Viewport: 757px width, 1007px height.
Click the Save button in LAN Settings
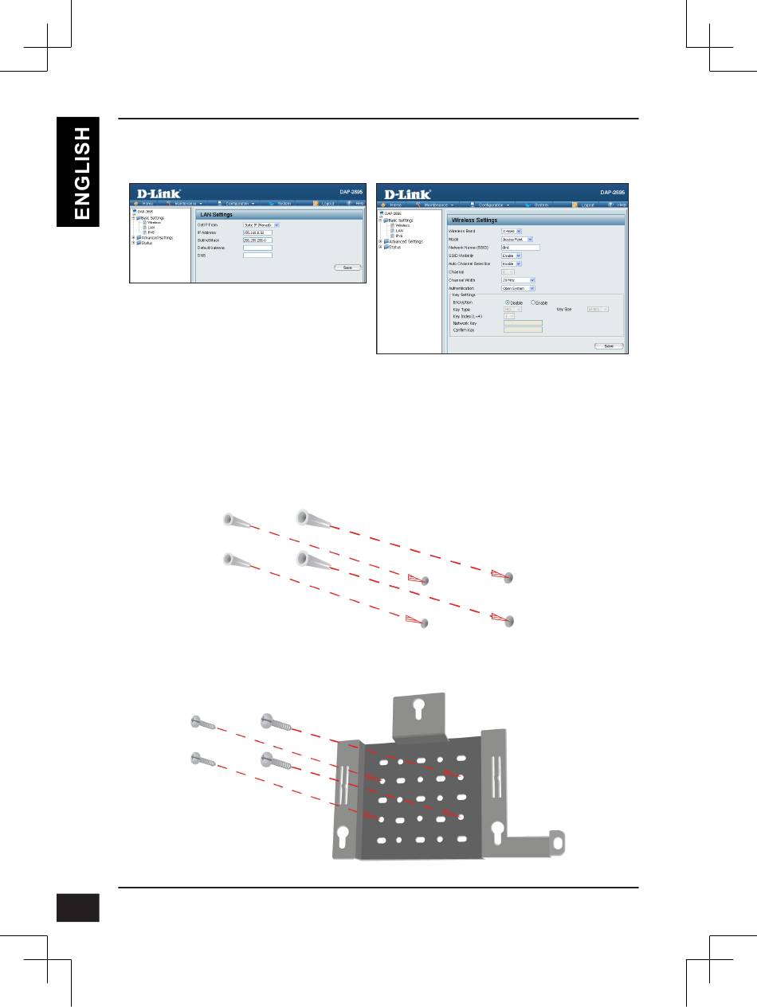pyautogui.click(x=347, y=267)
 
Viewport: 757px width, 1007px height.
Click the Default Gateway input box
pyautogui.click(x=257, y=248)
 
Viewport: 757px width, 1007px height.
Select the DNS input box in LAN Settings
pyautogui.click(x=257, y=256)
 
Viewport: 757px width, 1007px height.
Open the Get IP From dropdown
pyautogui.click(x=261, y=225)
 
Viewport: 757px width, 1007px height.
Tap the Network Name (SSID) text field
pyautogui.click(x=520, y=248)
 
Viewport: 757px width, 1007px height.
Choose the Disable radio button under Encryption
pyautogui.click(x=508, y=302)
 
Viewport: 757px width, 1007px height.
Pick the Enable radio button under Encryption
pyautogui.click(x=533, y=302)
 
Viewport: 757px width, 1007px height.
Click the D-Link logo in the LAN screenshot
pyautogui.click(x=157, y=193)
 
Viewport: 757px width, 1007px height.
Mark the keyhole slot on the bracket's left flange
pyautogui.click(x=343, y=835)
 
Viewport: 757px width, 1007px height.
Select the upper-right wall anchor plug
pyautogui.click(x=311, y=518)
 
